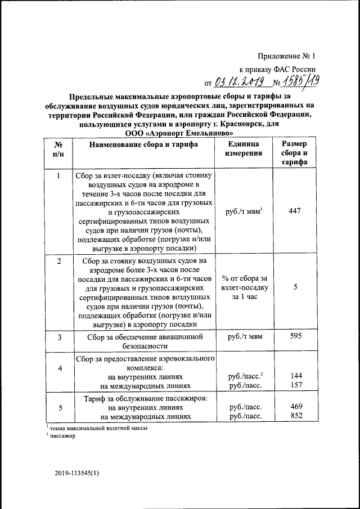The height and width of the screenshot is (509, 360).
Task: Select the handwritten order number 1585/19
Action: click(x=300, y=82)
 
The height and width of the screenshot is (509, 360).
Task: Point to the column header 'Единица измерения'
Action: click(x=244, y=148)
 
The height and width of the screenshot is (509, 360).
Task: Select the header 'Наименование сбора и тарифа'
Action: click(x=143, y=145)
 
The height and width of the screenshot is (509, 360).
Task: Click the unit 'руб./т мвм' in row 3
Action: click(x=244, y=336)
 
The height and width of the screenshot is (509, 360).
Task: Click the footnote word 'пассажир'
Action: click(x=63, y=436)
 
